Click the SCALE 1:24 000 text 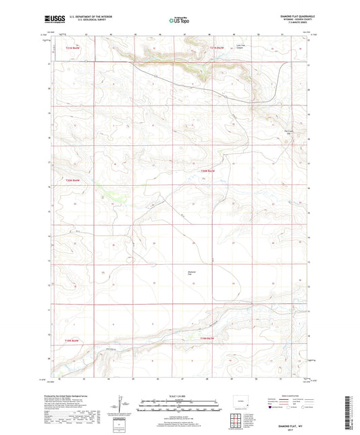point(180,396)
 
